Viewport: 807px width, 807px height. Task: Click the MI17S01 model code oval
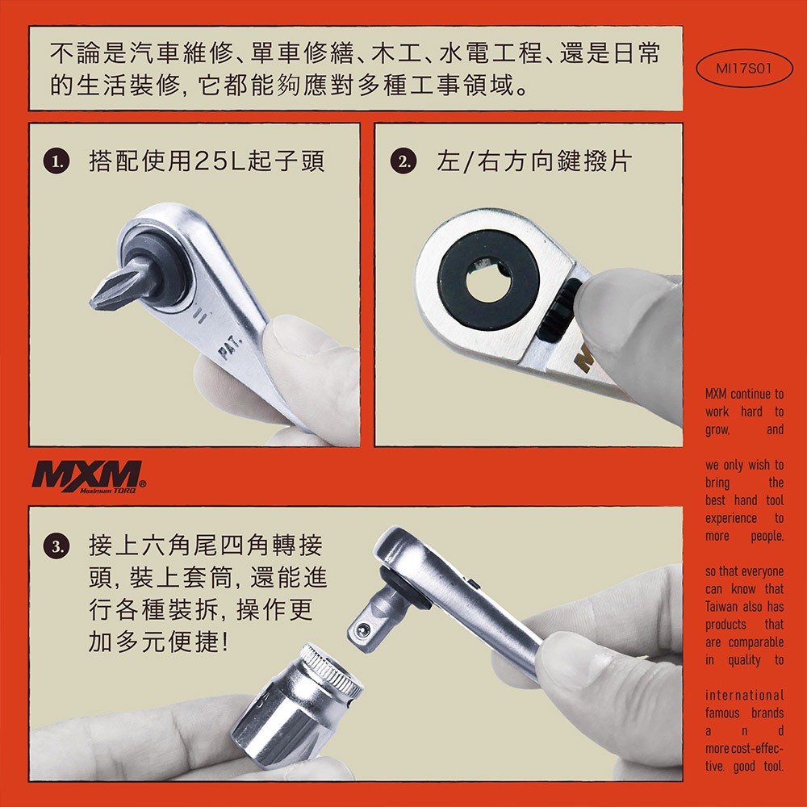[x=744, y=69]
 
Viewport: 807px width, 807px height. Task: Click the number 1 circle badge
[x=56, y=161]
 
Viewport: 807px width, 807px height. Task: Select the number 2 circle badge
[x=403, y=161]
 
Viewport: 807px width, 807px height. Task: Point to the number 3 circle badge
[x=56, y=546]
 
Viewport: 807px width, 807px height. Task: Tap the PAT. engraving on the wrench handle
[x=229, y=348]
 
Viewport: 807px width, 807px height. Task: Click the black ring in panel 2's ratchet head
[x=488, y=280]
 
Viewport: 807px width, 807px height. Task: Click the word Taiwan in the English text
[x=724, y=606]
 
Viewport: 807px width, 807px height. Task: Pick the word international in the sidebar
[x=744, y=696]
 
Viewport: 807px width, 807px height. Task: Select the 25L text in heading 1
[x=220, y=161]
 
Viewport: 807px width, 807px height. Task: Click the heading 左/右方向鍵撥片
[x=533, y=161]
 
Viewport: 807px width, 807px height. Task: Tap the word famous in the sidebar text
[x=722, y=713]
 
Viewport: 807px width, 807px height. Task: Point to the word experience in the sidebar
[x=731, y=518]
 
